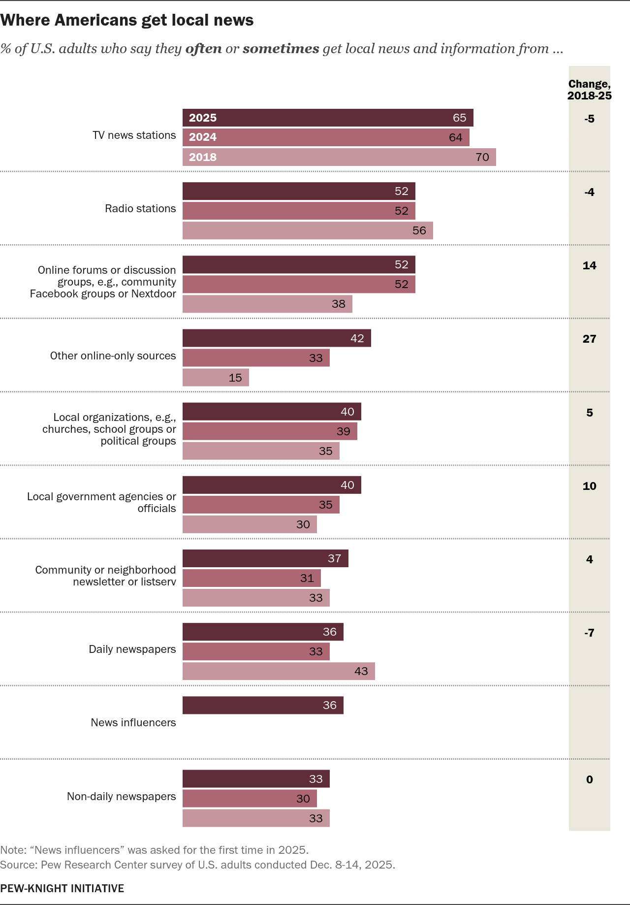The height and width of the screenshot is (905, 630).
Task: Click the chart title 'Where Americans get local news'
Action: tap(127, 20)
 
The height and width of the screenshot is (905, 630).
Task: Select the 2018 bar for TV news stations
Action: tap(339, 157)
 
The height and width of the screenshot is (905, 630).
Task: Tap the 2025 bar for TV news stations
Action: tap(328, 118)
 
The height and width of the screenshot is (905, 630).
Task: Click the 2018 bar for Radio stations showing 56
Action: tap(308, 230)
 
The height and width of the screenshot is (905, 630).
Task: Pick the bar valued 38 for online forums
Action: tap(267, 304)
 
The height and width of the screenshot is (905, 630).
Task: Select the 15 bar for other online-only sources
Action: tap(216, 378)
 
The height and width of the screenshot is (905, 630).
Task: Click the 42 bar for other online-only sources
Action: tap(277, 338)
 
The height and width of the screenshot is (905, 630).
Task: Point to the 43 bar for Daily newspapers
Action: tap(279, 671)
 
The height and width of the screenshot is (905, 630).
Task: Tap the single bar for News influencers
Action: tap(263, 705)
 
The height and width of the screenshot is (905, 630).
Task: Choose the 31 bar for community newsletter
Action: tap(252, 578)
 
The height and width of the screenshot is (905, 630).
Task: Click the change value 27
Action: tap(589, 339)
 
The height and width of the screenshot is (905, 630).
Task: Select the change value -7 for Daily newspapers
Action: tap(589, 633)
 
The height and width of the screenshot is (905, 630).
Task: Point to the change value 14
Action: tap(589, 265)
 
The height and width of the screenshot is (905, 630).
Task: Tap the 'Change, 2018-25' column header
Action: tap(589, 90)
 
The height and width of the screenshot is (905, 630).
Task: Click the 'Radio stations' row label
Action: tap(140, 209)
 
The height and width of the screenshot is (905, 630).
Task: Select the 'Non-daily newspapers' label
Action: tap(121, 797)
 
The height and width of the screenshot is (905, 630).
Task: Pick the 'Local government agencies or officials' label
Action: tap(101, 502)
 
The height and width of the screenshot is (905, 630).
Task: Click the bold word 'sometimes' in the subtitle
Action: tap(281, 49)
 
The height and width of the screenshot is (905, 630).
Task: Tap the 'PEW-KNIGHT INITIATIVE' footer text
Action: tap(62, 888)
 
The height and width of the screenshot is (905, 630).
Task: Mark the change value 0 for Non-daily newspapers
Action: tap(589, 779)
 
